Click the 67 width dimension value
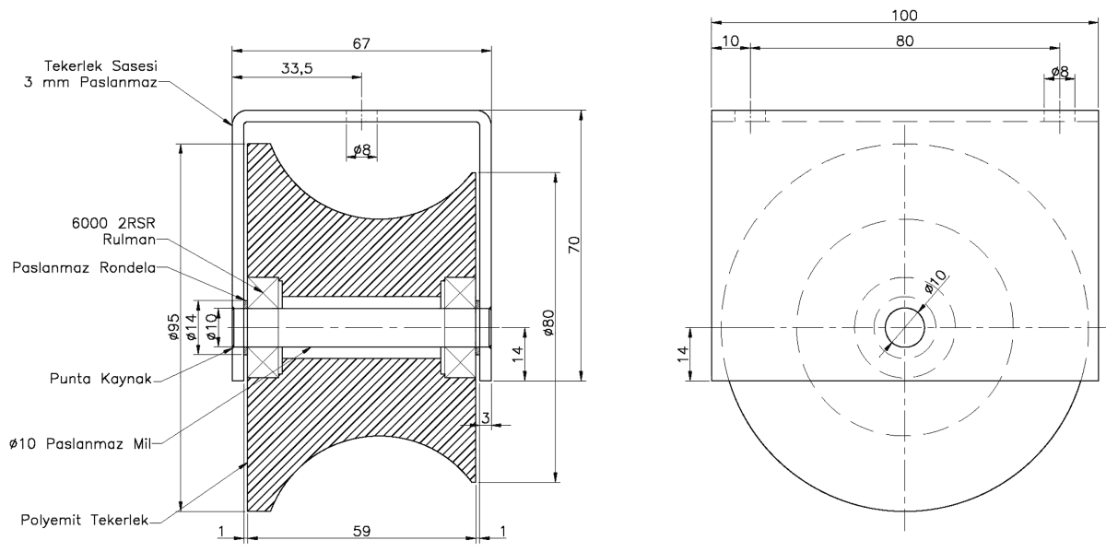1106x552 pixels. click(x=361, y=43)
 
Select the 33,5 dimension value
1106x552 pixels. click(x=297, y=68)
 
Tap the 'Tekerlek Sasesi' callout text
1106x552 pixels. click(x=100, y=65)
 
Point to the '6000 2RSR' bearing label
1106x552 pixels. click(x=113, y=223)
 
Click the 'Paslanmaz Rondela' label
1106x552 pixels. click(x=84, y=267)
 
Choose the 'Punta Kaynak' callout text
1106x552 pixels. click(x=100, y=379)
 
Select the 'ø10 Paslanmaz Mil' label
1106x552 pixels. click(x=80, y=444)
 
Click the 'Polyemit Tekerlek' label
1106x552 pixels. click(x=85, y=520)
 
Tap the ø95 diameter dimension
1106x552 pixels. click(x=173, y=327)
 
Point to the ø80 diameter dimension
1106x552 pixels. click(x=548, y=323)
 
